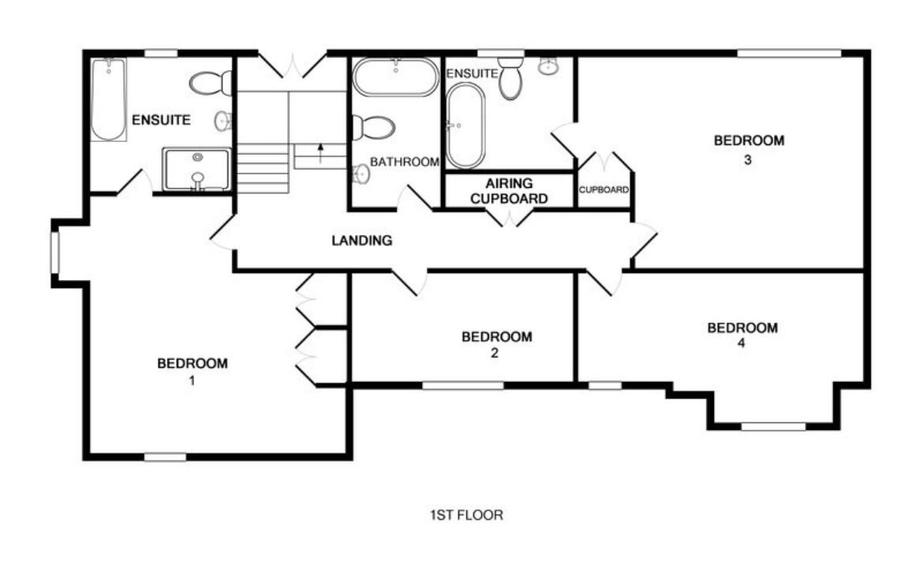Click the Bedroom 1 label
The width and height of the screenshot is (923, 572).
192,372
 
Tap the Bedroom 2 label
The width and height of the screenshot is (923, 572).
497,344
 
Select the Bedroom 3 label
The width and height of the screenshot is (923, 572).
749,149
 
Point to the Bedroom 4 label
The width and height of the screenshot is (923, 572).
742,335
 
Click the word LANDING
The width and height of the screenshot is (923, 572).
361,240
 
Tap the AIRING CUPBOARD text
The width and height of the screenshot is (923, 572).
509,191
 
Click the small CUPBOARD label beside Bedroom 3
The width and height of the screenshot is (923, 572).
603,189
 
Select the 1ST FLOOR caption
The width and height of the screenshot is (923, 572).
466,515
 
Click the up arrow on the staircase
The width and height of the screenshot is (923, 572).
320,153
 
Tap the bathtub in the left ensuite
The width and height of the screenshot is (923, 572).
108,99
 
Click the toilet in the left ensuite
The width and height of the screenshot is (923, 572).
211,83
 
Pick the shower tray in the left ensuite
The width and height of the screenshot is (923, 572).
196,170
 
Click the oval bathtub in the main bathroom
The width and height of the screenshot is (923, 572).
395,77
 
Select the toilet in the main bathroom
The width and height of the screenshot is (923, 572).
372,127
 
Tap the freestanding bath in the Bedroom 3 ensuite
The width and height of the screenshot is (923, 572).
465,125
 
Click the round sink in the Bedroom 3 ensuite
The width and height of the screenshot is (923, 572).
548,65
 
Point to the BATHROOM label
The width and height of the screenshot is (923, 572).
405,161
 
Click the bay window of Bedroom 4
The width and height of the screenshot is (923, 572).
773,426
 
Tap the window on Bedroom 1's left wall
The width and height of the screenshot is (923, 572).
55,253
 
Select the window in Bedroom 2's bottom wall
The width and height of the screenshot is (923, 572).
463,386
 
